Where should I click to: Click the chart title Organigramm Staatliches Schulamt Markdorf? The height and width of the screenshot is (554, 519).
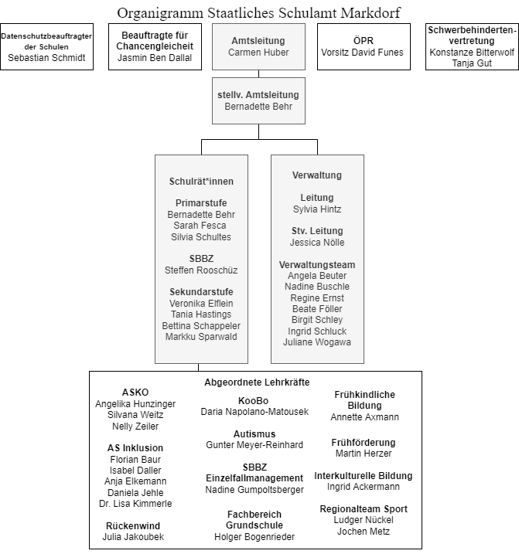click(x=258, y=12)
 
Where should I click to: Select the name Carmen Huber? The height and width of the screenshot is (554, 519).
click(x=258, y=53)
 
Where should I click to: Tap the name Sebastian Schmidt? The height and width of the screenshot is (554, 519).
click(x=46, y=58)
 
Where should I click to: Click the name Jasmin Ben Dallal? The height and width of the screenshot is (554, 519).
click(x=155, y=58)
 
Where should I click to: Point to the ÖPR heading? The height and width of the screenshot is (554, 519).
click(x=364, y=40)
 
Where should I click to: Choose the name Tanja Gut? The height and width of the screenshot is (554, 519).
click(x=472, y=63)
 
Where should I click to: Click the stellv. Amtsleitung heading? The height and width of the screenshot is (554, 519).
click(x=258, y=95)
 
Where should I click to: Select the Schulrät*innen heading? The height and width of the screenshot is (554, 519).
click(x=201, y=182)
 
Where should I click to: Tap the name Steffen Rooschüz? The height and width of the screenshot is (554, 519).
click(x=201, y=270)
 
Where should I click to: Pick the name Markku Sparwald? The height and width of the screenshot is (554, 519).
click(x=201, y=337)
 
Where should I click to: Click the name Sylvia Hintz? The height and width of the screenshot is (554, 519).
click(x=317, y=209)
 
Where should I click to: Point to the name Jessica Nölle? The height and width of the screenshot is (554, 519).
click(x=317, y=243)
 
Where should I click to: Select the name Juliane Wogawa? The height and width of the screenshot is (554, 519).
click(x=317, y=342)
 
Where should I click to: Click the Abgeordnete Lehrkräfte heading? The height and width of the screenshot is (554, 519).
click(x=257, y=382)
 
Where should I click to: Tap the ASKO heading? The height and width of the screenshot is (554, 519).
click(x=135, y=393)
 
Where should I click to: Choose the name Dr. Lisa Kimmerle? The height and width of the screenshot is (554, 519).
click(x=135, y=504)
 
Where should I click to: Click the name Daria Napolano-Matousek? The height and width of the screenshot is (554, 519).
click(x=254, y=412)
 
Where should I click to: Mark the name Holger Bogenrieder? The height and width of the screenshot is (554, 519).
click(x=254, y=537)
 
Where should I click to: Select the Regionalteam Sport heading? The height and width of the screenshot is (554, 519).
click(x=364, y=509)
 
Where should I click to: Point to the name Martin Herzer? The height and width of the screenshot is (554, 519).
click(x=364, y=454)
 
